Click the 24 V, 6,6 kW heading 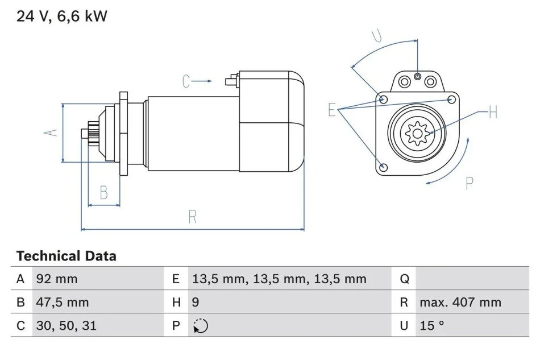tap(62, 16)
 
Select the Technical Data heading tap(67, 256)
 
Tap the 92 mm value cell tap(57, 279)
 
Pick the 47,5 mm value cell tap(63, 302)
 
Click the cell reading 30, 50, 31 tap(67, 325)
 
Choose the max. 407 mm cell tap(460, 302)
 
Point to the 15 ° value tap(432, 325)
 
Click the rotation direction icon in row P tap(201, 326)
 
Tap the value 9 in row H tap(196, 302)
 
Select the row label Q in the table tap(404, 279)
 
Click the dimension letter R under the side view tap(193, 217)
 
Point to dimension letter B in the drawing tap(103, 193)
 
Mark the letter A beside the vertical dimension tap(51, 133)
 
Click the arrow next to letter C tap(201, 81)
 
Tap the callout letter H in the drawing tap(493, 112)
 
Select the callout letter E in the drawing tap(332, 110)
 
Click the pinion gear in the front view tap(417, 133)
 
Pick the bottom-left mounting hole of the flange tap(383, 168)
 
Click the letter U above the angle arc tap(377, 36)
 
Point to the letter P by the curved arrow tap(470, 183)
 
